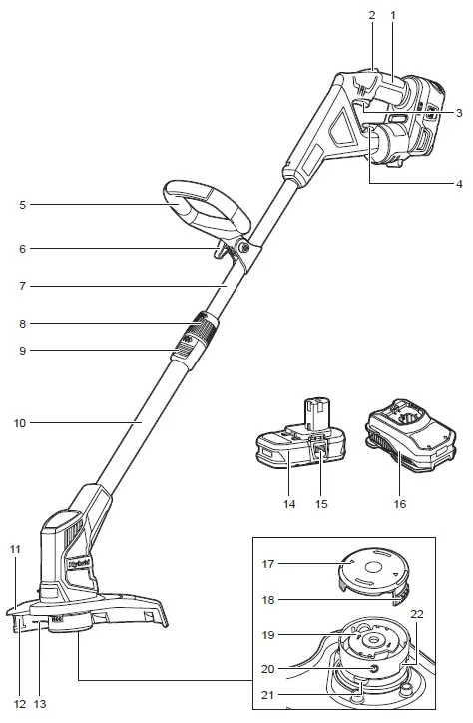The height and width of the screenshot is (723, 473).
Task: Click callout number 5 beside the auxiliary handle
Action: (22, 204)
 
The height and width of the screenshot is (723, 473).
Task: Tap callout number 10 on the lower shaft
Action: (19, 422)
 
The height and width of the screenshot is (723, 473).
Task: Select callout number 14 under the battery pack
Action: (289, 504)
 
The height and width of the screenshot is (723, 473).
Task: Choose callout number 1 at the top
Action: (393, 16)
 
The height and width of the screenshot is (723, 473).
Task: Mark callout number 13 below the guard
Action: (40, 703)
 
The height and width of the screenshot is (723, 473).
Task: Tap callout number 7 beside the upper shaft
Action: (22, 286)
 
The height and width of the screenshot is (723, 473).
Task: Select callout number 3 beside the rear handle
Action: (459, 113)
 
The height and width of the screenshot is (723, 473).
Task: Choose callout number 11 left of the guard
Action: (14, 549)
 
